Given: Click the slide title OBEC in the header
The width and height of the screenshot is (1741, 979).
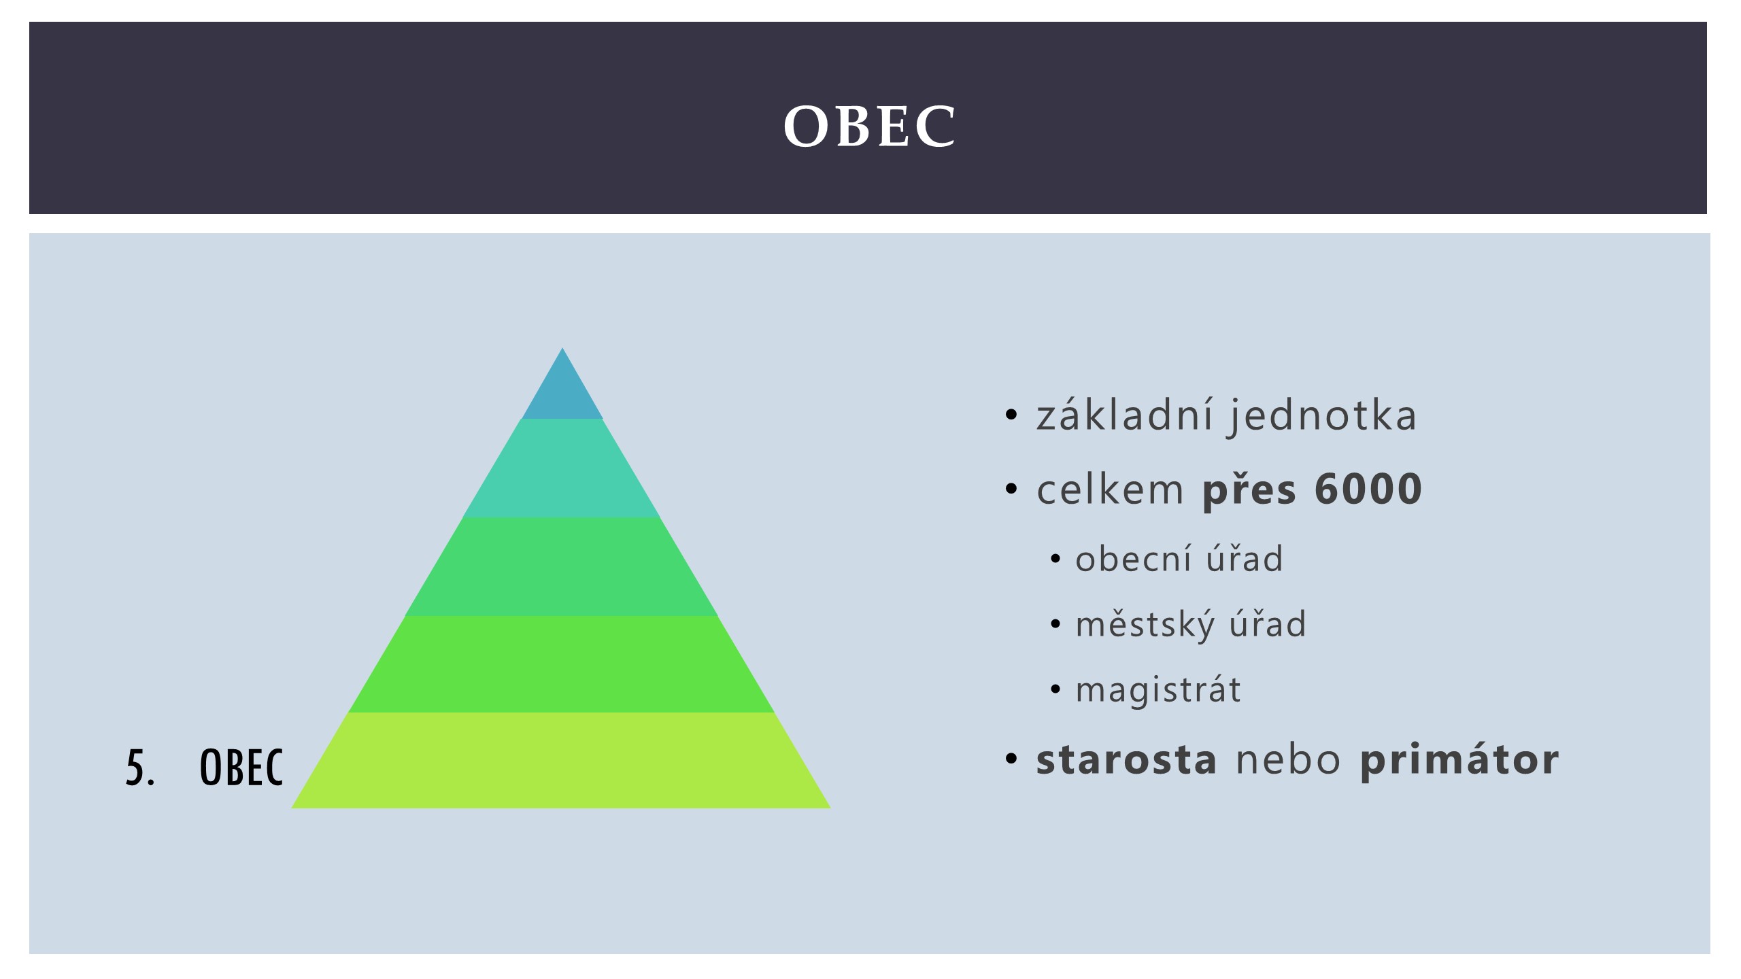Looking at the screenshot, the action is tap(870, 126).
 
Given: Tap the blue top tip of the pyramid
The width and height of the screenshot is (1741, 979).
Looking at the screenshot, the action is tap(562, 391).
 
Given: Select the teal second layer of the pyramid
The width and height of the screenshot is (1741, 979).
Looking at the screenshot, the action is tap(562, 468).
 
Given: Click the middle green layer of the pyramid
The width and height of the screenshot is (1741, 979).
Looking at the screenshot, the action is tap(562, 567).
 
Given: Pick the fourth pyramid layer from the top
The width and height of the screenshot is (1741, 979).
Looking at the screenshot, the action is tap(562, 664).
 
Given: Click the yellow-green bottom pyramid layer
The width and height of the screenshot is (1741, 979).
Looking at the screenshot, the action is tap(562, 761).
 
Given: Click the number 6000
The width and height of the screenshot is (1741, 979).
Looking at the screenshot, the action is tap(1368, 488).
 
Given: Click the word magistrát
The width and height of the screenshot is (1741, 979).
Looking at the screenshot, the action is tap(1157, 689).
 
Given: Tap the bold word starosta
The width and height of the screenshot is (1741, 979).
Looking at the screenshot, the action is tap(1126, 759).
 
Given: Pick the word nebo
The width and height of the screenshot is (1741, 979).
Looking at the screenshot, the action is tap(1288, 759).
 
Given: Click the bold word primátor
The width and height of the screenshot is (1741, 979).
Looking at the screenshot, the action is tap(1459, 760).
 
